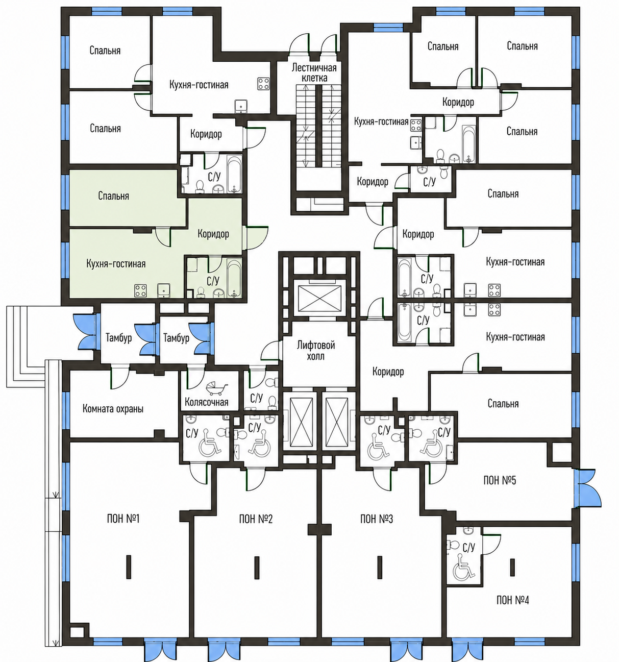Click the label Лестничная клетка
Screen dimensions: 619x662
point(314,72)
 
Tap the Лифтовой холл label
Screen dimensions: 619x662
point(315,351)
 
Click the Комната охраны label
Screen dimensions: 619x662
point(113,409)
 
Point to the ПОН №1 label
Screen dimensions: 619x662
point(123,519)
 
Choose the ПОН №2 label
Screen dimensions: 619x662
point(256,519)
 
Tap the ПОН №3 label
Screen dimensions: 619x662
point(376,519)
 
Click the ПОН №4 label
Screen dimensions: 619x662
point(513,600)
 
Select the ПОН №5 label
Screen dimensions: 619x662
point(499,480)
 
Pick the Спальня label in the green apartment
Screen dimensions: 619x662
point(113,195)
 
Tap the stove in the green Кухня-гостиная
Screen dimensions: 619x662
point(141,290)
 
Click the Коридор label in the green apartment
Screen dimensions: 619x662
point(213,234)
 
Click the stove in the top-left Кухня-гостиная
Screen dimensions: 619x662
point(263,84)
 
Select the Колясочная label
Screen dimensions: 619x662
point(206,402)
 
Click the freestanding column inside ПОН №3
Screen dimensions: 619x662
point(379,567)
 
